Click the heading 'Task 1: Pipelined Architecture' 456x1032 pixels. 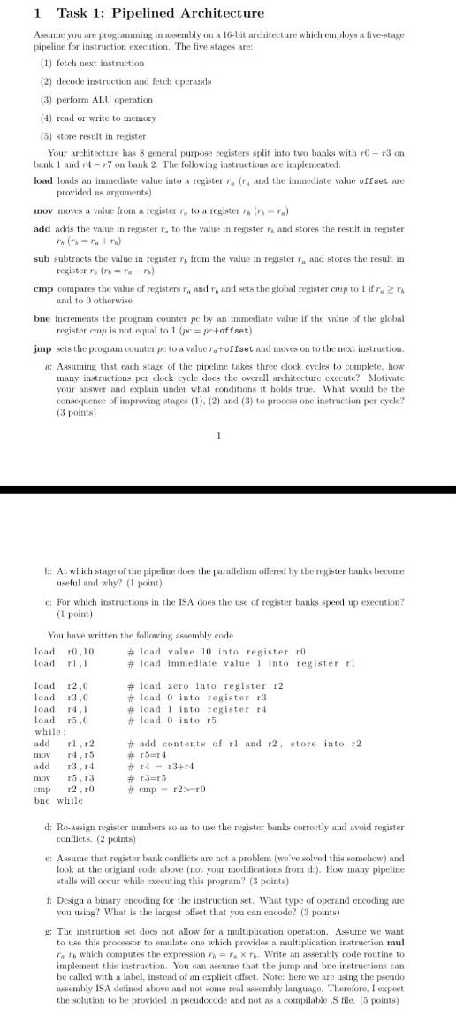[160, 13]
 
